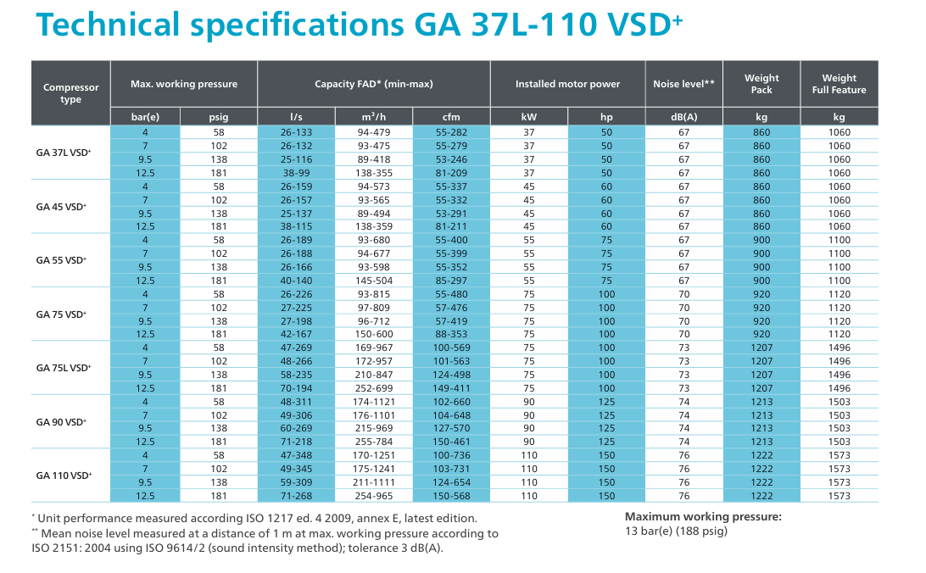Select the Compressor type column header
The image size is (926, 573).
click(x=71, y=93)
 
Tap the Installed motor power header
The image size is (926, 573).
click(x=567, y=84)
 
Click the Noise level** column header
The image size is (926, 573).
click(x=683, y=84)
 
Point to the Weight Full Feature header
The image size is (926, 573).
click(x=839, y=84)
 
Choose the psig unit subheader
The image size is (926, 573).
click(x=219, y=117)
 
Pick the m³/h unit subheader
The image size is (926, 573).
click(x=374, y=117)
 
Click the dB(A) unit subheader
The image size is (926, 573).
click(x=683, y=117)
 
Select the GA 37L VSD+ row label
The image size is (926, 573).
click(x=64, y=153)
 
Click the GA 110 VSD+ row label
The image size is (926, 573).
click(x=64, y=476)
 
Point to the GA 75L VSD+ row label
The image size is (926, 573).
click(x=64, y=368)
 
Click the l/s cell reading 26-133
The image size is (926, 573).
click(x=296, y=132)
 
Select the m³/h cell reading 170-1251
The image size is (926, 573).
click(x=374, y=455)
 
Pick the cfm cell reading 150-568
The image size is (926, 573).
click(x=451, y=496)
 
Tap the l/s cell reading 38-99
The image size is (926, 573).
click(x=296, y=173)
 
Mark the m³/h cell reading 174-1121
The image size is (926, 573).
click(x=374, y=402)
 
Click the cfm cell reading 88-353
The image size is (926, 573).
click(x=451, y=334)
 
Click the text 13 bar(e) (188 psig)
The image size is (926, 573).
click(x=676, y=531)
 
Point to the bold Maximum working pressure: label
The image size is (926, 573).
click(x=703, y=516)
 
